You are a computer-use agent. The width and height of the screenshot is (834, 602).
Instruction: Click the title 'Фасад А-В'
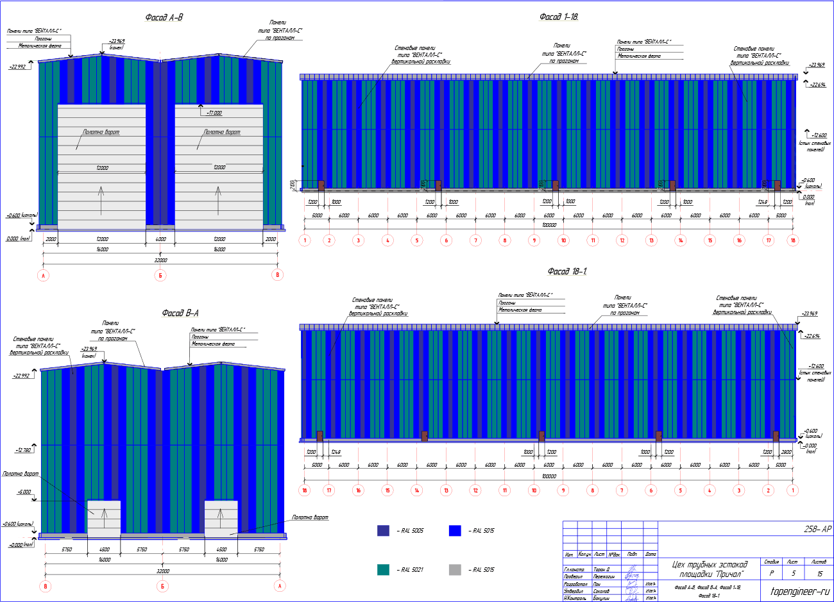(164, 17)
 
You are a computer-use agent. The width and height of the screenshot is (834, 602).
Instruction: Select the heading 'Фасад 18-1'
(566, 271)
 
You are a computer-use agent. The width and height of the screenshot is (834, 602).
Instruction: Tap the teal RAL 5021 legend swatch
(383, 569)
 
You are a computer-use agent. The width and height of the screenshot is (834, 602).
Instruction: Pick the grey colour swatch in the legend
(455, 569)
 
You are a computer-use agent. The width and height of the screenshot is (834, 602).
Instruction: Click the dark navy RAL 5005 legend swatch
(383, 530)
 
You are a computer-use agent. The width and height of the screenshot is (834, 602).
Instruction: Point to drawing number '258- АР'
(817, 529)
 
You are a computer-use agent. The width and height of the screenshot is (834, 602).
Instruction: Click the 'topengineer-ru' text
(799, 591)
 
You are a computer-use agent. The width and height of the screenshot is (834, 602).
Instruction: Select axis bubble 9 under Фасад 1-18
(534, 240)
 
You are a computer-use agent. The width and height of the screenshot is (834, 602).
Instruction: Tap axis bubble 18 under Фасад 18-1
(305, 490)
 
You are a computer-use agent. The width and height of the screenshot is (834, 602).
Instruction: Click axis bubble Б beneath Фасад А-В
(160, 275)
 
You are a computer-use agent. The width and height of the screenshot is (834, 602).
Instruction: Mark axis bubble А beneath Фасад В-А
(279, 586)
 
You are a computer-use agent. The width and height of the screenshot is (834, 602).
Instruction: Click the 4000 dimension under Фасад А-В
(160, 239)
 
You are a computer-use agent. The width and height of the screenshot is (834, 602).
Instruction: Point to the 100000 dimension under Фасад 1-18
(549, 225)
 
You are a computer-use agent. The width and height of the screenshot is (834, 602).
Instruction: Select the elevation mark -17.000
(214, 113)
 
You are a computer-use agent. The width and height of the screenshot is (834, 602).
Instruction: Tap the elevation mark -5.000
(24, 492)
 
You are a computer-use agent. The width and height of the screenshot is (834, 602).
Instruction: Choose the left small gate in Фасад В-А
(103, 518)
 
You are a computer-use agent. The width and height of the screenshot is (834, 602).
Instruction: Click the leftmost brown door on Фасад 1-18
(321, 185)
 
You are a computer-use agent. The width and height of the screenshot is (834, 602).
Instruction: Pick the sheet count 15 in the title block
(819, 574)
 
